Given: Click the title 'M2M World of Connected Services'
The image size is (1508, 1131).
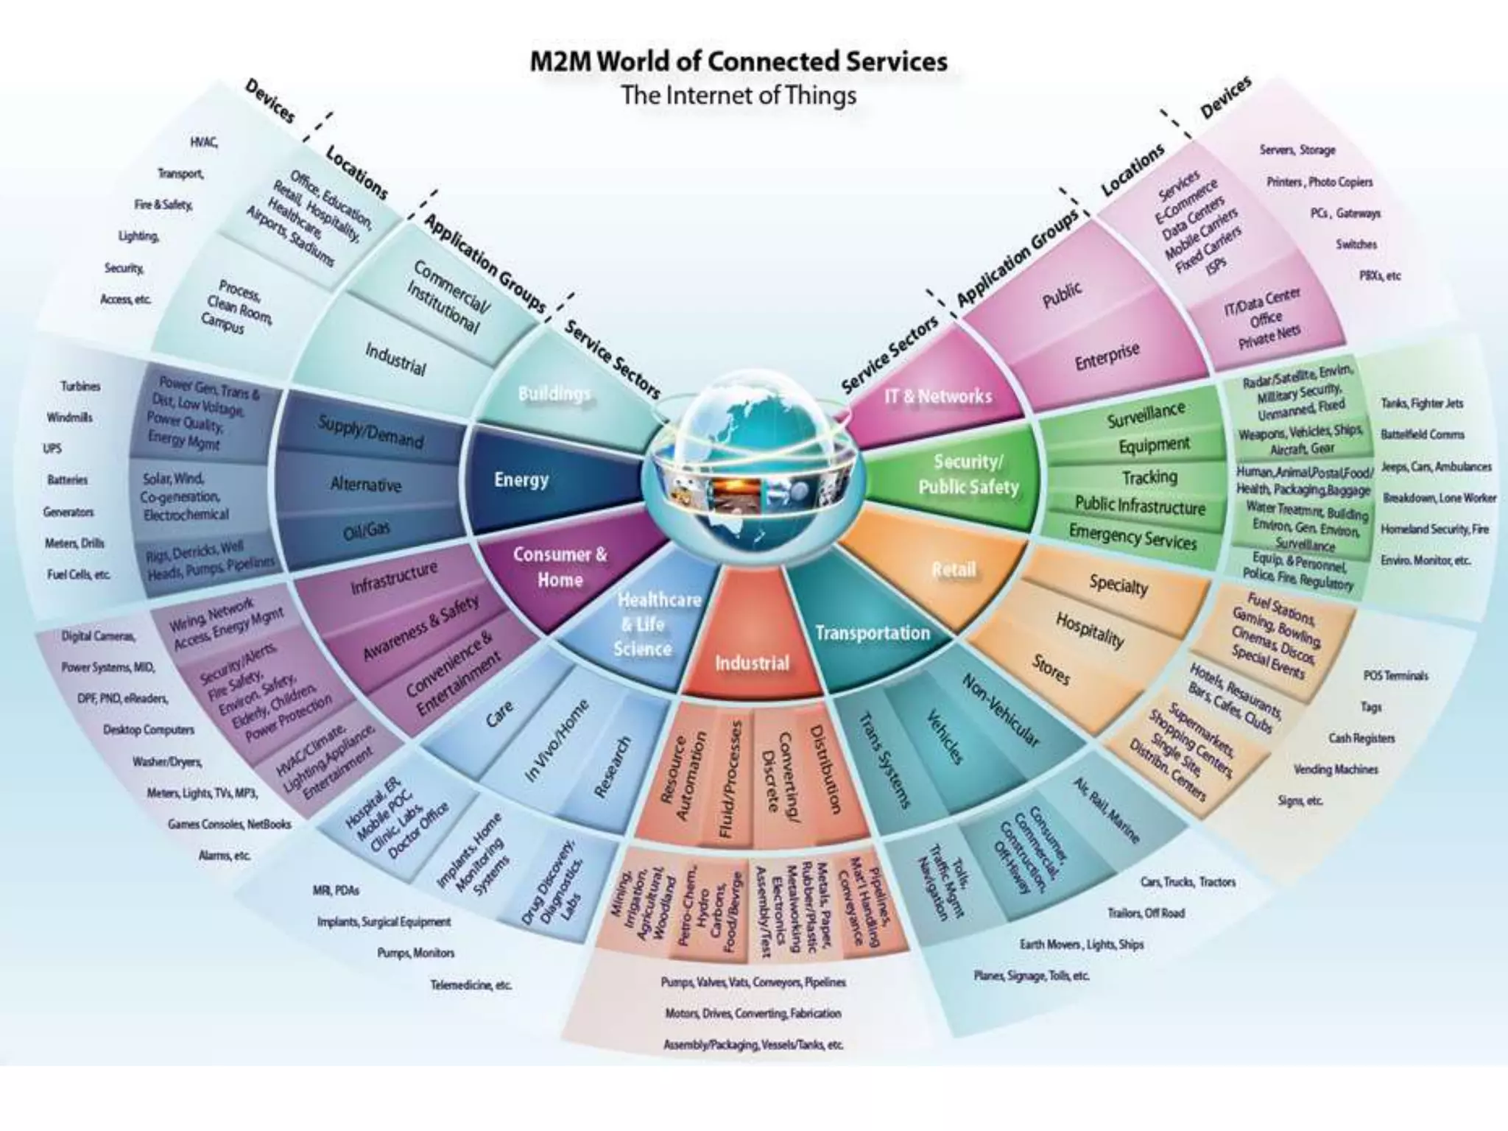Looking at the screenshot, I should tap(739, 61).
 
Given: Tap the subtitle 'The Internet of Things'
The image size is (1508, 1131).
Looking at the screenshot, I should tap(739, 96).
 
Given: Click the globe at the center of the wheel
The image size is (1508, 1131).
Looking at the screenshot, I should tap(751, 471).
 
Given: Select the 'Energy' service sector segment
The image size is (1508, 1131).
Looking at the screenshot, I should tap(521, 480).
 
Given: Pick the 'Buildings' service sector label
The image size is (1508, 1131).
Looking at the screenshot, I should tap(554, 394).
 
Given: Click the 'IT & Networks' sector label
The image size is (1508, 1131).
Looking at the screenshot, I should tap(937, 396).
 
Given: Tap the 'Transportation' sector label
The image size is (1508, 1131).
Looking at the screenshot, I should tap(872, 633).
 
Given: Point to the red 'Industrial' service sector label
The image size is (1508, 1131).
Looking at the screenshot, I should tap(751, 663).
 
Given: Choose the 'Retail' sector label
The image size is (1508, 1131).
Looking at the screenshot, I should tap(954, 569).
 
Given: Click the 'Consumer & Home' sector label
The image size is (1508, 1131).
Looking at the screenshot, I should tap(560, 567).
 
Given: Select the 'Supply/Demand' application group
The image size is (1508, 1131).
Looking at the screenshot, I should tap(370, 431).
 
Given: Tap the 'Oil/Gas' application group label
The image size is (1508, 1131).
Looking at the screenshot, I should tap(367, 529).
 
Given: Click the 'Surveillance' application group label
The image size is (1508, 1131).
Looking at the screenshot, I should tap(1146, 415).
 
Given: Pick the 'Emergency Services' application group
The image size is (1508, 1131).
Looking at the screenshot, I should tap(1132, 536).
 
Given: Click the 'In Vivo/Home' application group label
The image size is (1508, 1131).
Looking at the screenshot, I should tap(557, 740).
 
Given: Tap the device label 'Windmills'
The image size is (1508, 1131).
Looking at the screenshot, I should tap(69, 417).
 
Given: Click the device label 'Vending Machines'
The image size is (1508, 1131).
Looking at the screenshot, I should tap(1335, 769).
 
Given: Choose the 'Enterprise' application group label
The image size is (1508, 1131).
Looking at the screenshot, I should tap(1107, 356).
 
